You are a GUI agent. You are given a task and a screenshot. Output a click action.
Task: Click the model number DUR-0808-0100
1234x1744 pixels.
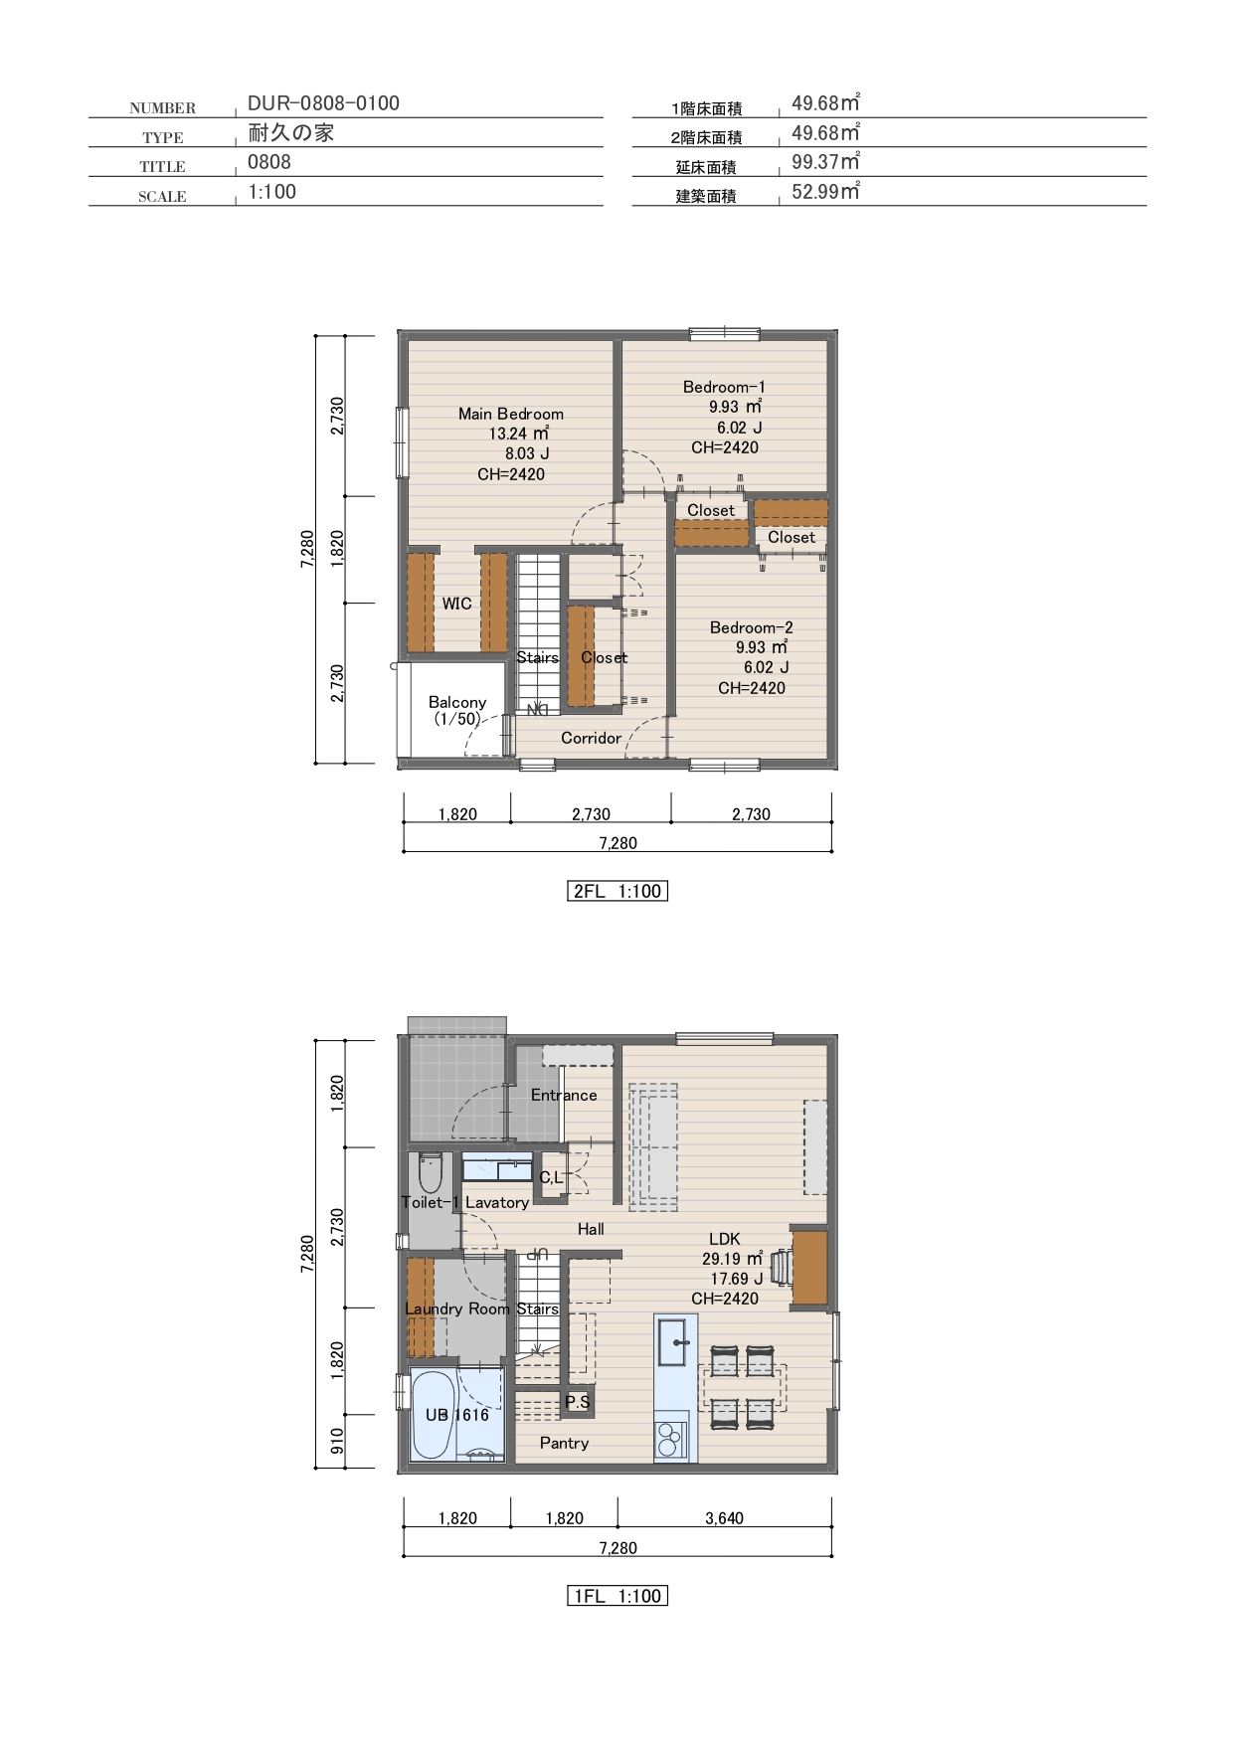(x=323, y=103)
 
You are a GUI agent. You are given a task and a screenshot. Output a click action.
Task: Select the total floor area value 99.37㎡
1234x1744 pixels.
(x=825, y=161)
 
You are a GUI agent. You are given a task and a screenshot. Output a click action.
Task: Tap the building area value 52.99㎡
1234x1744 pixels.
(x=825, y=191)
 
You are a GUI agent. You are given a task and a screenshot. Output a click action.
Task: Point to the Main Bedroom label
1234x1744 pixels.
(x=511, y=414)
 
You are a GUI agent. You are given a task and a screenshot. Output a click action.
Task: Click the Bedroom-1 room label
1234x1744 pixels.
(x=724, y=387)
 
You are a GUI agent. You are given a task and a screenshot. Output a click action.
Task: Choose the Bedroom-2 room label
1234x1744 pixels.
(x=752, y=627)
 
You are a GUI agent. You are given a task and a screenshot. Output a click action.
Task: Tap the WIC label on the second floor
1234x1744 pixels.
(x=457, y=604)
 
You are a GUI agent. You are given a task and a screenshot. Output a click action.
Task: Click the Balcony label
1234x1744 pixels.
(x=457, y=702)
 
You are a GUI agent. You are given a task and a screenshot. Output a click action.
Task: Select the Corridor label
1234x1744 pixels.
(x=591, y=738)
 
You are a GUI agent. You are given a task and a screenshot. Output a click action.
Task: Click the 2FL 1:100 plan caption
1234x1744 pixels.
(x=617, y=891)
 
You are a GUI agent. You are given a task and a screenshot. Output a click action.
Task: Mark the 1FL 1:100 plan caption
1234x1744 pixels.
(x=617, y=1596)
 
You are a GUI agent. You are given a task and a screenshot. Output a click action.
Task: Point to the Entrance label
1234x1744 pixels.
(x=564, y=1095)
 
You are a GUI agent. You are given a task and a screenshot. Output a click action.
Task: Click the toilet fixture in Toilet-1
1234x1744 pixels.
(x=431, y=1173)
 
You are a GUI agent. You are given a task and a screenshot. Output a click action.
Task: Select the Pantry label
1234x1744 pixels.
(x=564, y=1443)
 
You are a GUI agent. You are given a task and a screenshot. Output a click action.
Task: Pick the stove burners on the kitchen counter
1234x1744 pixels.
(x=669, y=1435)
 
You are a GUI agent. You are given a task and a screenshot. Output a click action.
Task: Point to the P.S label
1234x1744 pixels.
(x=578, y=1401)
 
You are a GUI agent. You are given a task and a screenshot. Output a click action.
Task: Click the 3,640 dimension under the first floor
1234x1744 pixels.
(x=724, y=1518)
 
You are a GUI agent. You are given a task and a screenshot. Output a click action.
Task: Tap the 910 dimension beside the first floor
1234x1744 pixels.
(x=337, y=1441)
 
